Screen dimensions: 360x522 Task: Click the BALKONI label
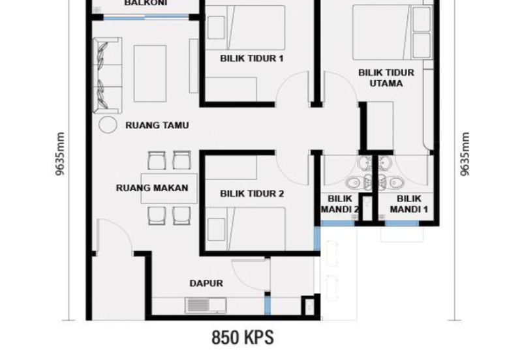coord(146,3)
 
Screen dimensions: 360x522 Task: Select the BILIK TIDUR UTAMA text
coord(380,78)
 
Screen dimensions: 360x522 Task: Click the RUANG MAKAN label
coord(152,188)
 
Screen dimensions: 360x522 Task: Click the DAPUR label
coord(206,284)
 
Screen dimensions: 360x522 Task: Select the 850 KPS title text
coord(242,338)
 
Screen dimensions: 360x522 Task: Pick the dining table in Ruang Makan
coord(168,188)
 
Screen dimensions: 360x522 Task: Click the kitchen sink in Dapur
coord(206,304)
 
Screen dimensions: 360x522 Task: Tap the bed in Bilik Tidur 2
coord(246,226)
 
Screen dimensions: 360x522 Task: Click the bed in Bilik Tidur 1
coord(245,25)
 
